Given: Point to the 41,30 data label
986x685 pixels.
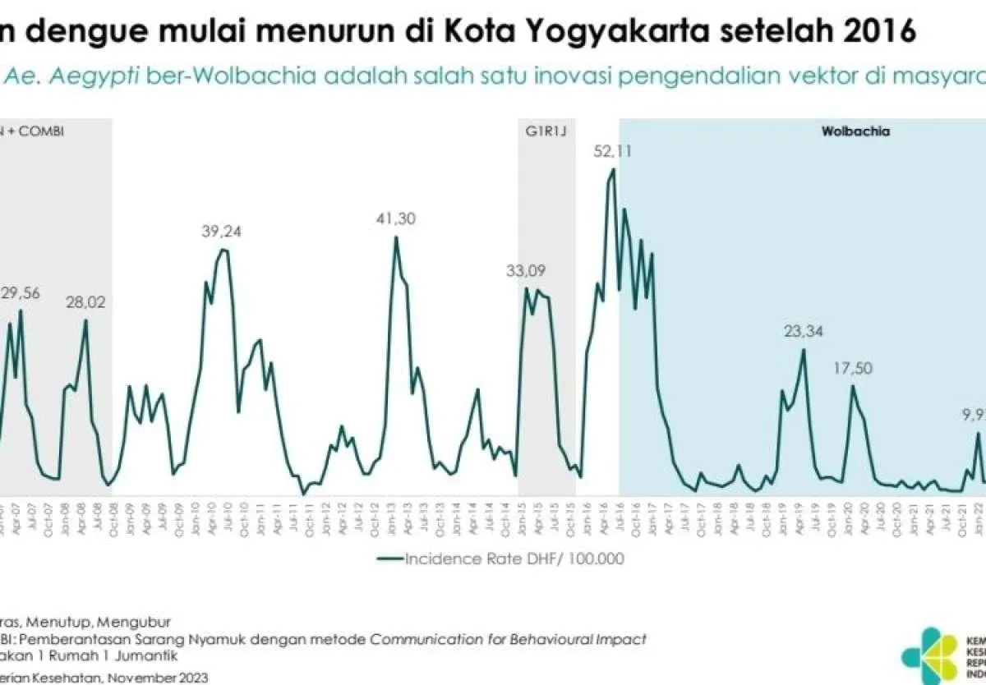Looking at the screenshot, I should [396, 218].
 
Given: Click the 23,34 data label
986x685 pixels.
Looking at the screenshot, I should [805, 331].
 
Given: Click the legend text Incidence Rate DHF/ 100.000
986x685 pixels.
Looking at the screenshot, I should [514, 559].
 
